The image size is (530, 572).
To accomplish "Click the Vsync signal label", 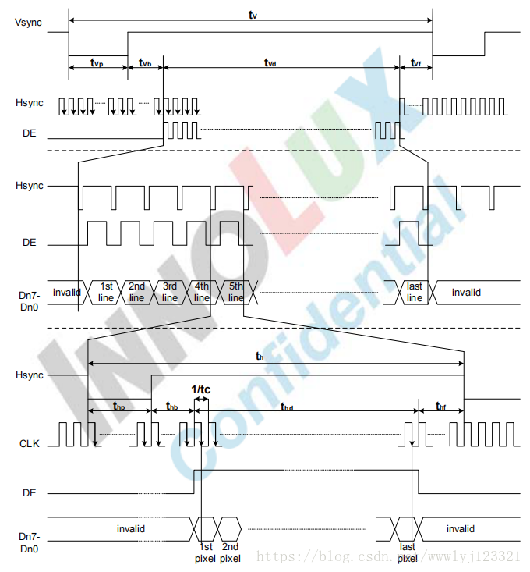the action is (29, 20).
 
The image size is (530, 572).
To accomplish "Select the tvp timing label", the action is (97, 62).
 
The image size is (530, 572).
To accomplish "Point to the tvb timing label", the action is (145, 62).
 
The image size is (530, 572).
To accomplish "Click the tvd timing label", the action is (270, 62).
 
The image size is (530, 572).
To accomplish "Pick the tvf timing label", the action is (415, 62).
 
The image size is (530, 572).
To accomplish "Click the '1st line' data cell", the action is (106, 292).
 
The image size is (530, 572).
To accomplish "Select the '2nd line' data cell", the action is (136, 292).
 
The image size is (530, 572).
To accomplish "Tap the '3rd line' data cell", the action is (169, 292).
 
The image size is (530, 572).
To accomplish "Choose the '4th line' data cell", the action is (201, 292).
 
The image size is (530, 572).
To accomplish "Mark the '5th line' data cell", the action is (235, 292).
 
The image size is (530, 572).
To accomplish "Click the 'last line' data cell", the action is (415, 292).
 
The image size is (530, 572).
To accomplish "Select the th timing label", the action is (260, 356).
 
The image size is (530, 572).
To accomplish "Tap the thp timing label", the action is (119, 407).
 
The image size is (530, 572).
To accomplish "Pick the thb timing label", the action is (173, 407).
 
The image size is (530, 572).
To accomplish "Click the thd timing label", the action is (288, 407).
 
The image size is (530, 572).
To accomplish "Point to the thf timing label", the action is (441, 407).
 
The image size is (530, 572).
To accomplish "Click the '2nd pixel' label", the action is (231, 552).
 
